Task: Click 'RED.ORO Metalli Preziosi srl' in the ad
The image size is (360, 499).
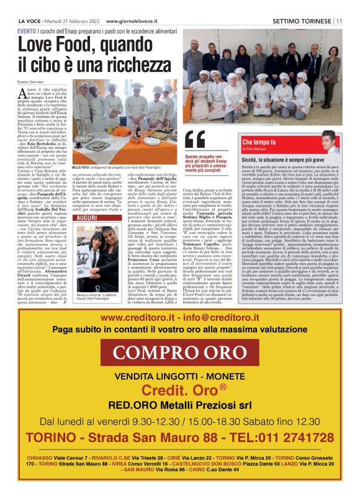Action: [x=180, y=405]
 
